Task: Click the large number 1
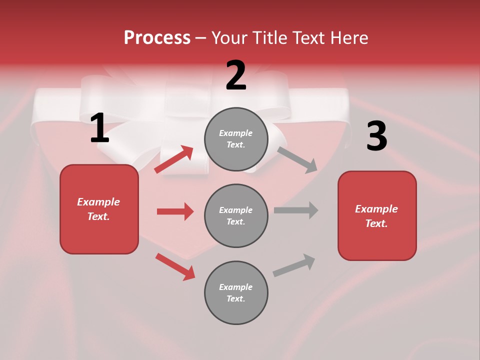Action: click(99, 128)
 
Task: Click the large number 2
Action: click(236, 75)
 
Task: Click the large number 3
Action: click(376, 136)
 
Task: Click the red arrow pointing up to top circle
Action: click(173, 159)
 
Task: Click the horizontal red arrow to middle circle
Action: click(175, 211)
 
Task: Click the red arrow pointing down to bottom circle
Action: click(175, 266)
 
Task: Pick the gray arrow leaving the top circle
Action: click(297, 160)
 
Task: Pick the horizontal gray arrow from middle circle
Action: click(296, 210)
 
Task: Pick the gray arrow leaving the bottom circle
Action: click(294, 265)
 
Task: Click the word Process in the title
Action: click(157, 37)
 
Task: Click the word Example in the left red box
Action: click(98, 202)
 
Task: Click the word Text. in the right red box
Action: click(376, 223)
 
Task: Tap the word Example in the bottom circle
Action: click(236, 287)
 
